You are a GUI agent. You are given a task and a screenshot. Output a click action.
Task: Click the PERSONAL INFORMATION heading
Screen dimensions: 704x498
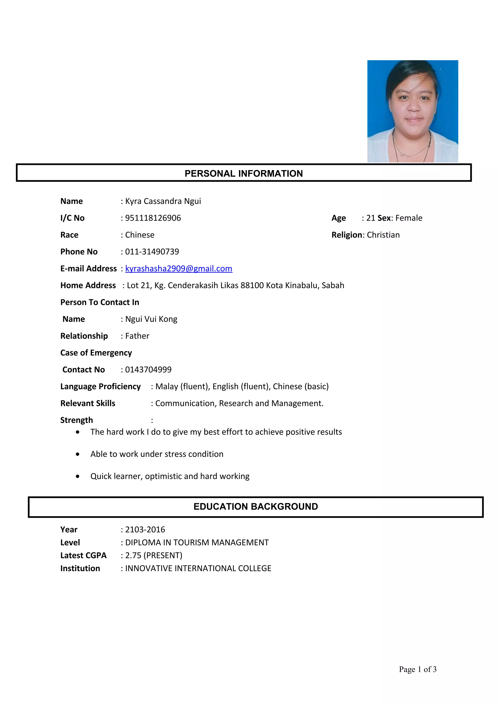(244, 173)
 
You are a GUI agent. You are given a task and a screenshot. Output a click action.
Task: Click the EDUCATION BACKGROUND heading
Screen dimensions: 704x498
(256, 506)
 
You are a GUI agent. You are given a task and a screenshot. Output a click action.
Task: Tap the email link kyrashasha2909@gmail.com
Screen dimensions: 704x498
(178, 269)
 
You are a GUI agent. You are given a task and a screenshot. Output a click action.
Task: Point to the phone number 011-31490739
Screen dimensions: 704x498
(152, 252)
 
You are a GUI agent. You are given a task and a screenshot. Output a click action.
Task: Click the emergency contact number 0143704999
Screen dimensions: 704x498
(148, 369)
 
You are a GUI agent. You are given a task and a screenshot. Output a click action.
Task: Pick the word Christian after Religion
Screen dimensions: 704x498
(383, 235)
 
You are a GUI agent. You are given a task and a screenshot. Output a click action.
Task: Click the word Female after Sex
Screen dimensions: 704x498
(409, 218)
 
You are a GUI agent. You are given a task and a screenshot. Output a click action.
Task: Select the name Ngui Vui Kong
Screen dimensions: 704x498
(151, 319)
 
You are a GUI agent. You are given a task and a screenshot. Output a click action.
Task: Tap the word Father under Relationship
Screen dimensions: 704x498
(137, 336)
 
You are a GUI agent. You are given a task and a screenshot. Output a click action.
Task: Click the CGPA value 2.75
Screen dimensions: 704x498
(133, 555)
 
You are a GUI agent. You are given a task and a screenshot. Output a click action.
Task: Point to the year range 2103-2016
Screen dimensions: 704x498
(145, 530)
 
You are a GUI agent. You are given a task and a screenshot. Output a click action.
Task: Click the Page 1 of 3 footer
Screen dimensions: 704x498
(417, 669)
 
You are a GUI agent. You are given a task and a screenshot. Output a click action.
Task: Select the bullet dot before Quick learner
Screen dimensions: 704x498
(78, 476)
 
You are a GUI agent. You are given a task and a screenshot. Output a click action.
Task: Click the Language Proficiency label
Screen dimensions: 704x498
(100, 386)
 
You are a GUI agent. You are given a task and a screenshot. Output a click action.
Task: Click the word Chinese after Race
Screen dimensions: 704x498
(140, 235)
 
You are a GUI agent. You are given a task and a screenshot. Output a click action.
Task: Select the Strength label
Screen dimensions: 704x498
(76, 420)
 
